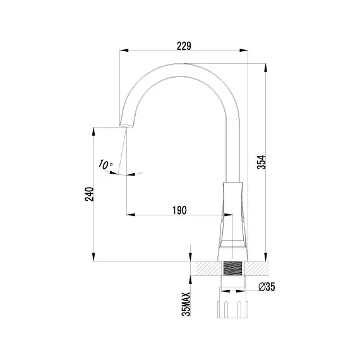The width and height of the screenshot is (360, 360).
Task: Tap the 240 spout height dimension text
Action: (89, 194)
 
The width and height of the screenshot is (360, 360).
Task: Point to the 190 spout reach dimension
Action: (179, 210)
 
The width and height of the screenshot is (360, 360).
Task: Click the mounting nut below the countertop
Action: (232, 309)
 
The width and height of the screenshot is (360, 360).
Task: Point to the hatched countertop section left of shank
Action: (208, 268)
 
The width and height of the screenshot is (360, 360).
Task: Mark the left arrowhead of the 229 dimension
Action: (122, 51)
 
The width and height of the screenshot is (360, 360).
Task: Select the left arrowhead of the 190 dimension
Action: (129, 215)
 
